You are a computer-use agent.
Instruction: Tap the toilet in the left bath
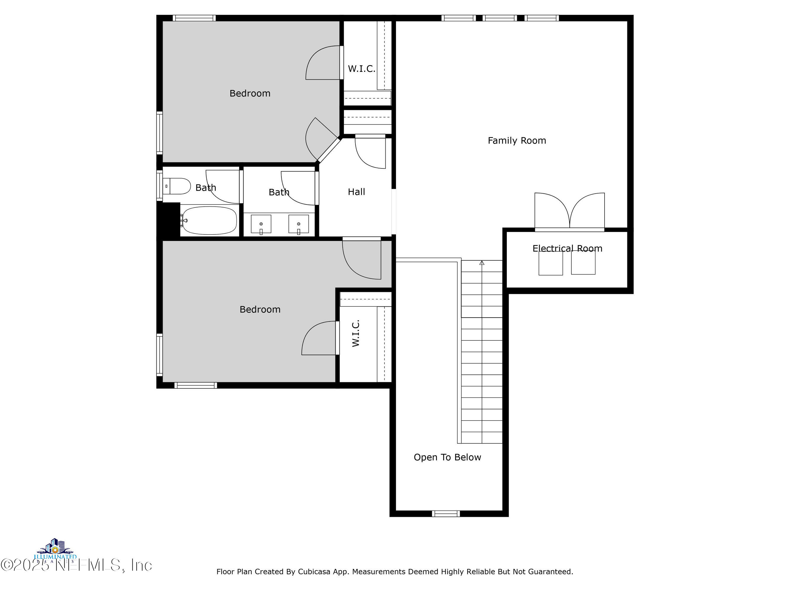(x=177, y=186)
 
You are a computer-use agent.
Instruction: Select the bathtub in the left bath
(x=209, y=220)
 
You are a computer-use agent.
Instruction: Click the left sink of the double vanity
(x=261, y=224)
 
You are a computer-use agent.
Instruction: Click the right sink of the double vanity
(x=298, y=224)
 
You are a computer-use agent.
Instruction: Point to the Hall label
(x=356, y=192)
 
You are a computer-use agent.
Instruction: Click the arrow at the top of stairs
(x=481, y=263)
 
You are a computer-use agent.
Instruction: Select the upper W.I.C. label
(x=361, y=69)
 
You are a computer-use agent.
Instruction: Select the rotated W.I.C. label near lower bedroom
(x=356, y=333)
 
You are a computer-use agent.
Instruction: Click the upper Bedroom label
(x=250, y=94)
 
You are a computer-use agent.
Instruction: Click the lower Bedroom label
(x=260, y=309)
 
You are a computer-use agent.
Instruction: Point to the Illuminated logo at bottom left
(x=55, y=550)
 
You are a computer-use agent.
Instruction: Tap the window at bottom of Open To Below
(x=446, y=514)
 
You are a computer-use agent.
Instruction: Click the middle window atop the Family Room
(x=500, y=18)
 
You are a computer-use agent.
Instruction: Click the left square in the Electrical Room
(x=550, y=263)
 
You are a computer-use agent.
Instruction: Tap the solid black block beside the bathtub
(x=168, y=219)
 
